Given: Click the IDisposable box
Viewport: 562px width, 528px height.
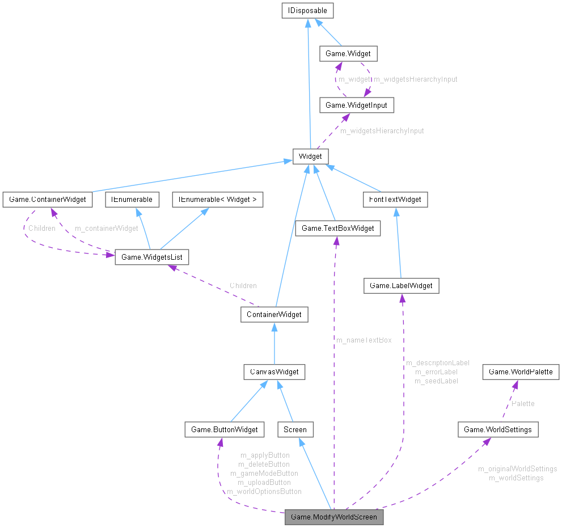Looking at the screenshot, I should click(307, 10).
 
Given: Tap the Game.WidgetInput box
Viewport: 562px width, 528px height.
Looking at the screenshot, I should click(357, 105).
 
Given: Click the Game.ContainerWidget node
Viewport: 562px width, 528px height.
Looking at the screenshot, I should click(48, 200).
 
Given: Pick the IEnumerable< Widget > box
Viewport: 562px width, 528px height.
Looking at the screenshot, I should click(221, 200).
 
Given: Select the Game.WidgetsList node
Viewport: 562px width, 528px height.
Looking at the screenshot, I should click(151, 257).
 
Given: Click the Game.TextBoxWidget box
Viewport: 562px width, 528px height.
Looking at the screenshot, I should click(337, 228).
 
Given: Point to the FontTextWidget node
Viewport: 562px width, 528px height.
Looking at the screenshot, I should click(395, 200).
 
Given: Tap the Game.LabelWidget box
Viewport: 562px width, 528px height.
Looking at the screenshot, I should click(402, 286).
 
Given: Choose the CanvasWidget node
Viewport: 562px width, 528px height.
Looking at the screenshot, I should click(274, 372).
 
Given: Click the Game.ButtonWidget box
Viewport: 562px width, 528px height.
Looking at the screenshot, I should click(224, 429).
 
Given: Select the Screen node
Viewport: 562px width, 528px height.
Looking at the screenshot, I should click(295, 429).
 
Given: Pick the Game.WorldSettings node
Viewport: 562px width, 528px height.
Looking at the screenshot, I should click(497, 429).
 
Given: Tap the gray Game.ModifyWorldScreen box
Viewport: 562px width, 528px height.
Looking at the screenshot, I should click(333, 517).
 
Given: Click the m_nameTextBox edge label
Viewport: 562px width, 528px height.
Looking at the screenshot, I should click(364, 340).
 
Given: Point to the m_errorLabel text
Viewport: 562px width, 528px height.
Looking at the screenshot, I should click(436, 371).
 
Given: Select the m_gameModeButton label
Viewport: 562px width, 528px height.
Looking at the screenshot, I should click(264, 473).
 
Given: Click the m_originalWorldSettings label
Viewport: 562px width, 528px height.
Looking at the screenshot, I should click(517, 469).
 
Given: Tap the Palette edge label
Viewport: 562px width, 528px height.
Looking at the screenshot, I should click(523, 404).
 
